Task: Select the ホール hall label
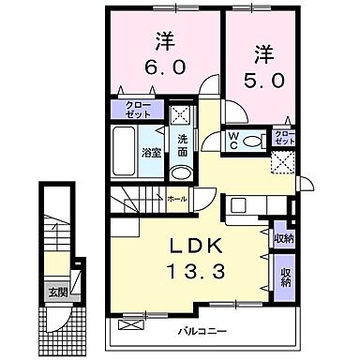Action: pos(176,199)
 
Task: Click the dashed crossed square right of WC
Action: pos(283,163)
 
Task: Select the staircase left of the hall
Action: pos(138,201)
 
